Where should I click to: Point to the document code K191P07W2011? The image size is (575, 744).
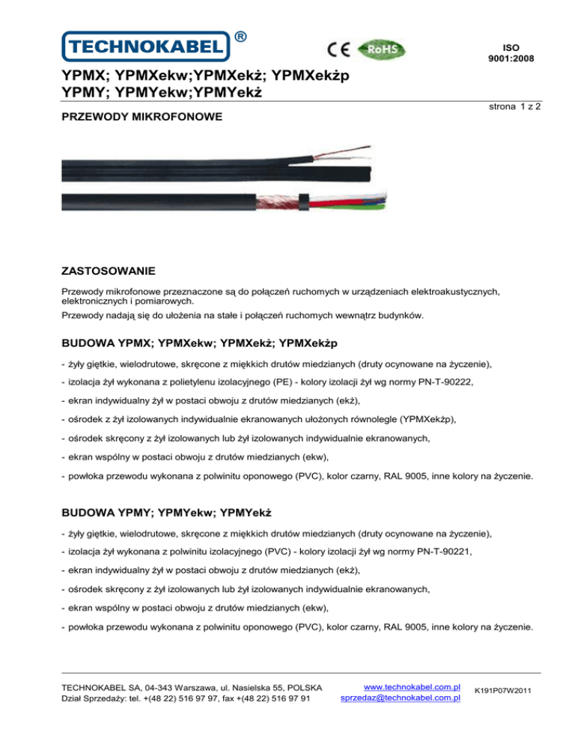pyautogui.click(x=502, y=692)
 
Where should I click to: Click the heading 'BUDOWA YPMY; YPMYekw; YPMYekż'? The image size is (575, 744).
pyautogui.click(x=165, y=514)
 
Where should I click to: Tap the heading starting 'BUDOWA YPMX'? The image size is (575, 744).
pyautogui.click(x=200, y=343)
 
